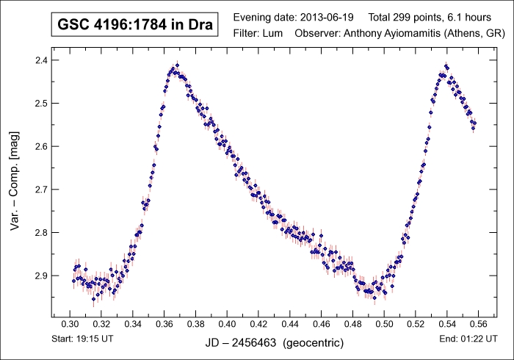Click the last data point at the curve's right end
(474, 123)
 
